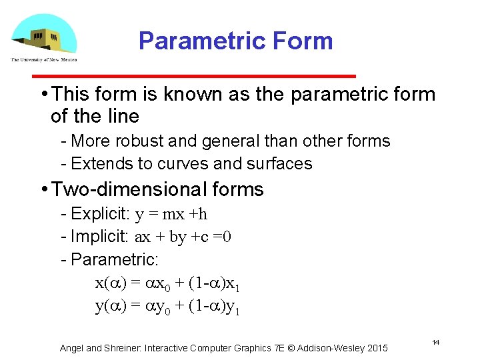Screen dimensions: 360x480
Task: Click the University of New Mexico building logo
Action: tap(44, 37)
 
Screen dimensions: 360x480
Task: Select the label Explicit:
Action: tap(100, 214)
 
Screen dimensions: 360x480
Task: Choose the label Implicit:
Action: tap(100, 237)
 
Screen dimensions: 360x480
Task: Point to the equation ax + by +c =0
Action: tap(183, 237)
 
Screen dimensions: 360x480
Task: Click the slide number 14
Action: tap(435, 342)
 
